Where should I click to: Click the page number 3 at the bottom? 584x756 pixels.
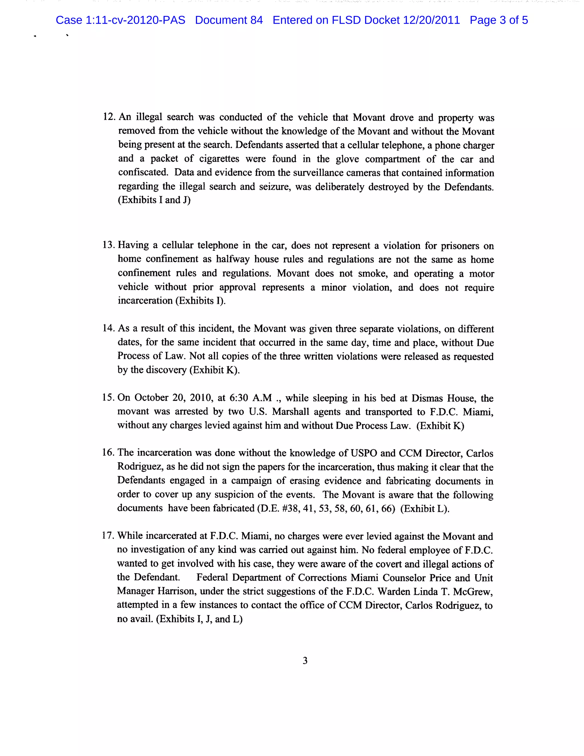(x=305, y=660)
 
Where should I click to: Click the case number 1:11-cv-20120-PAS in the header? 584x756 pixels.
(x=135, y=20)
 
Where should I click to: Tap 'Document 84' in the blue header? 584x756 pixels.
(x=229, y=20)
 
